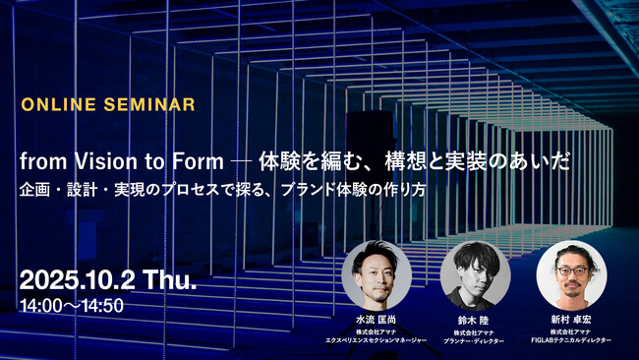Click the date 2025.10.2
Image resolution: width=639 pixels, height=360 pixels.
[81, 279]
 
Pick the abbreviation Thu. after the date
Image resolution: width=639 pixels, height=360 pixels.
[170, 279]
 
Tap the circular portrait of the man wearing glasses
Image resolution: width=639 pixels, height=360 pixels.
[570, 274]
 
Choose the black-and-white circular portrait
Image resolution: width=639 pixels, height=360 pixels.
[474, 274]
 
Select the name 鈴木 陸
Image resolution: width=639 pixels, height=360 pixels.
[474, 320]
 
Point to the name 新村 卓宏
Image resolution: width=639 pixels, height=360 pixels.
[570, 320]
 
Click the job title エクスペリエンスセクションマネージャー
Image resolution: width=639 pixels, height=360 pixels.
[378, 340]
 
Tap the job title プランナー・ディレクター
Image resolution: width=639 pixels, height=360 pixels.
[474, 340]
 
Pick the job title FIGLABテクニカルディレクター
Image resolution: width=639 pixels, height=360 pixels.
[570, 340]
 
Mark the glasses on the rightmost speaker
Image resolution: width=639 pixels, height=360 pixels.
[572, 267]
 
